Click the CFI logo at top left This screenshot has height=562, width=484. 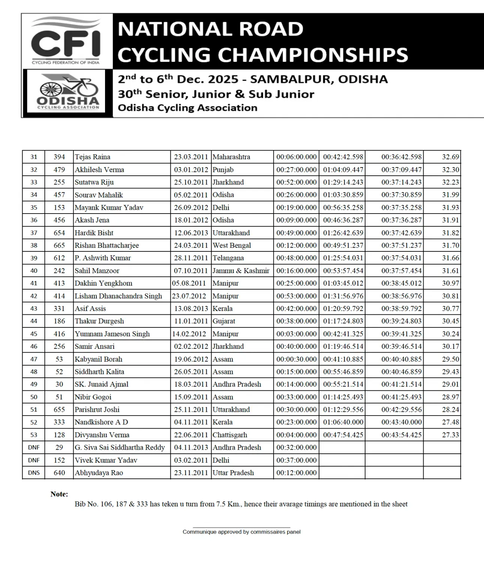(66, 40)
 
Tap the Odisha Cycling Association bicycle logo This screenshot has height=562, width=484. (68, 92)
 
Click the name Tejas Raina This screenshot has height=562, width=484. (92, 157)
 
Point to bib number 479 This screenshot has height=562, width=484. (59, 170)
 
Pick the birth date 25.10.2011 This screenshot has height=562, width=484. (191, 182)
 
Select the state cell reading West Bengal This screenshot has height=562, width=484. (231, 245)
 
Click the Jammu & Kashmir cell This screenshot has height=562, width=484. (241, 271)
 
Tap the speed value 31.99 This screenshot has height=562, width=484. (450, 195)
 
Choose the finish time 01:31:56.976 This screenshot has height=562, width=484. (343, 296)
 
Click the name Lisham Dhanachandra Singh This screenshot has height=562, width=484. (118, 296)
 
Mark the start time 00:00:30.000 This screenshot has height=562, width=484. (296, 359)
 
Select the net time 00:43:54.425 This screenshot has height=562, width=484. (401, 435)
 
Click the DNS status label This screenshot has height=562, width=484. (34, 473)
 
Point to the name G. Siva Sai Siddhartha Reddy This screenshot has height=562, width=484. (120, 447)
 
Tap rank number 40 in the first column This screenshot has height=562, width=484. (34, 271)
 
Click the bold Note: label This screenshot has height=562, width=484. (59, 494)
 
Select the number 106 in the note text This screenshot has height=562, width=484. (107, 504)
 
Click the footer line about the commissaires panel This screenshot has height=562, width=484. (241, 532)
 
